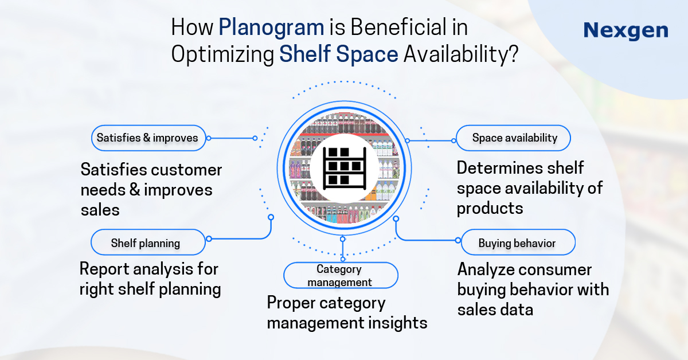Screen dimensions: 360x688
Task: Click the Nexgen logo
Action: point(626,30)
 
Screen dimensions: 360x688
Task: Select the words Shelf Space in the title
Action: point(339,54)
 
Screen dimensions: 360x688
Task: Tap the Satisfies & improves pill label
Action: point(147,138)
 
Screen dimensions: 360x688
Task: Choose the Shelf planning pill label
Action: point(146,243)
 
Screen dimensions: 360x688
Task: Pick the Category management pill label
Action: point(340,276)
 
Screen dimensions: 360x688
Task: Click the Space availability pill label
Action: point(514,138)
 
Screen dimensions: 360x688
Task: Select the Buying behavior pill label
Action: point(517,243)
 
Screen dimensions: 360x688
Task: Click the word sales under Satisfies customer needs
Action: point(100,210)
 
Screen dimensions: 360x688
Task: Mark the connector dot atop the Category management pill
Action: point(343,238)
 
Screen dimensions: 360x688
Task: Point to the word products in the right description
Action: point(490,209)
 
